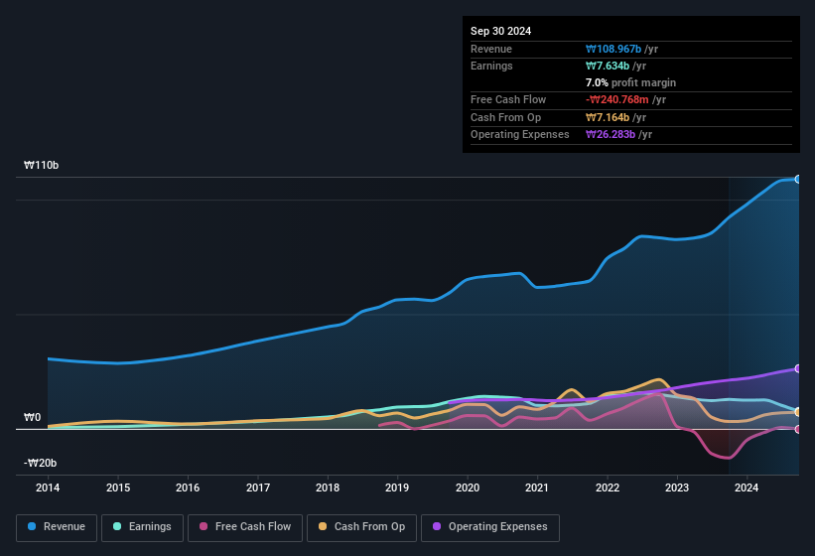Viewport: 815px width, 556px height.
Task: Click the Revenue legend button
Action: pyautogui.click(x=57, y=526)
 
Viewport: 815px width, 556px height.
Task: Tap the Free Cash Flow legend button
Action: pyautogui.click(x=245, y=526)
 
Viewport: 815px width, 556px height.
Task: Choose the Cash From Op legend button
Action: pyautogui.click(x=360, y=526)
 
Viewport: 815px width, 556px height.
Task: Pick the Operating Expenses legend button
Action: pyautogui.click(x=490, y=526)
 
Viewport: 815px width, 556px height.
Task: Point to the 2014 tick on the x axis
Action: pyautogui.click(x=48, y=487)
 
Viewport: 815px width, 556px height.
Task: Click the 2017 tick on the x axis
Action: pyautogui.click(x=258, y=487)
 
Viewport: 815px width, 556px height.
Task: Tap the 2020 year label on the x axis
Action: pyautogui.click(x=468, y=487)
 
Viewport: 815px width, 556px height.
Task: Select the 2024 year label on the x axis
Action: pyautogui.click(x=747, y=487)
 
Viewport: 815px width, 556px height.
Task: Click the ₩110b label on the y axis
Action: pyautogui.click(x=42, y=165)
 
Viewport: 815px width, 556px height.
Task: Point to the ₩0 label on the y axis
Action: pyautogui.click(x=33, y=417)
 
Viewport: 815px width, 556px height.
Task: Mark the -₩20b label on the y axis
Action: pyautogui.click(x=41, y=463)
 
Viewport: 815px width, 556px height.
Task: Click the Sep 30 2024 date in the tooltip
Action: pyautogui.click(x=500, y=31)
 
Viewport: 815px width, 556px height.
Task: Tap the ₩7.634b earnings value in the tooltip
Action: pyautogui.click(x=607, y=66)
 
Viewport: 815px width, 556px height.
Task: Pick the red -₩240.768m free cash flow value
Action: pyautogui.click(x=620, y=99)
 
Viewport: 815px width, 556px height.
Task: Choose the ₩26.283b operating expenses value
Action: pyautogui.click(x=610, y=134)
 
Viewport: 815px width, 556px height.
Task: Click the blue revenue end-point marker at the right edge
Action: pyautogui.click(x=798, y=179)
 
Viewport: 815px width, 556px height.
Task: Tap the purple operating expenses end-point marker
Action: pyautogui.click(x=798, y=368)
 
